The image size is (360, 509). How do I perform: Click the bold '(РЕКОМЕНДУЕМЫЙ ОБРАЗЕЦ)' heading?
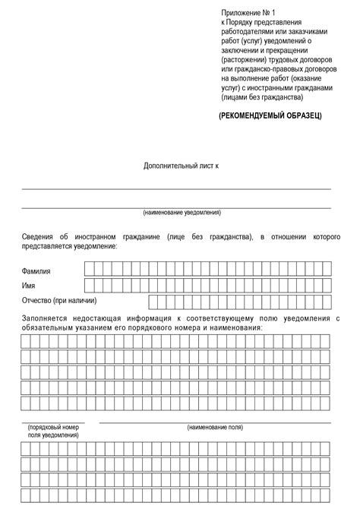tap(271, 115)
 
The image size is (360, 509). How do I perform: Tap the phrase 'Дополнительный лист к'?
tap(181, 165)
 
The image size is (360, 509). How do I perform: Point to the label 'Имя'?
tap(29, 286)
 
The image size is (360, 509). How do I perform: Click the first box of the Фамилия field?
tap(89, 268)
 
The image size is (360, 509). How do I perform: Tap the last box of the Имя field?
tap(327, 285)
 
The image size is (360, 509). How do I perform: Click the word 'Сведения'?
tap(39, 238)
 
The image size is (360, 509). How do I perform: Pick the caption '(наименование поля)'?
tap(214, 428)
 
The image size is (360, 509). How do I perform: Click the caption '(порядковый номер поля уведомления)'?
tap(53, 432)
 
